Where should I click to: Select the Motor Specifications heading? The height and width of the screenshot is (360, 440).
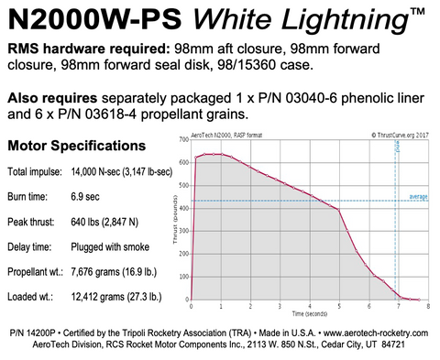pyautogui.click(x=75, y=146)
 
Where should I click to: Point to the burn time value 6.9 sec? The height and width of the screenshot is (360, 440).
pyautogui.click(x=84, y=196)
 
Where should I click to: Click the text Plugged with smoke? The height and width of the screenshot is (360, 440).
pyautogui.click(x=114, y=245)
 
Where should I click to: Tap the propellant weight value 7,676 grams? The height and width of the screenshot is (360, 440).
pyautogui.click(x=117, y=271)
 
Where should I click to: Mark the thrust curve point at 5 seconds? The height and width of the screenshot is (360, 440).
pyautogui.click(x=339, y=210)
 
